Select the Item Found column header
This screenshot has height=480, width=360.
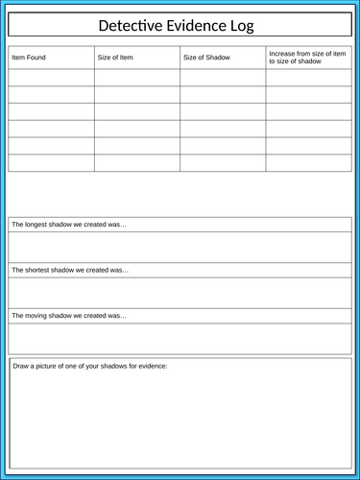tap(29, 58)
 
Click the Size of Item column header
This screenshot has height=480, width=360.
tap(115, 58)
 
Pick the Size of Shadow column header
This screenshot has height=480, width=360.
tap(206, 58)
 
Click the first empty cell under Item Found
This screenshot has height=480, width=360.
tap(51, 77)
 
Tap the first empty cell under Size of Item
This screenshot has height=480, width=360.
tap(137, 77)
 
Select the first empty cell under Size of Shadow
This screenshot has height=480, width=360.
tap(223, 77)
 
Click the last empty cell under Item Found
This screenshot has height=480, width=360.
tap(51, 163)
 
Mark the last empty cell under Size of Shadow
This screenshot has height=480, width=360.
tap(223, 163)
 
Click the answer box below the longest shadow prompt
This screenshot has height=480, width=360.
tap(180, 247)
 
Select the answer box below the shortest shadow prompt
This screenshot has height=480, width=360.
tap(180, 292)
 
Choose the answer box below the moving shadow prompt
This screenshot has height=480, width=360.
tap(180, 338)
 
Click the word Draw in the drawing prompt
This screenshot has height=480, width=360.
tap(21, 366)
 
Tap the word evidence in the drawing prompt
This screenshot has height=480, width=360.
tap(149, 366)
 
